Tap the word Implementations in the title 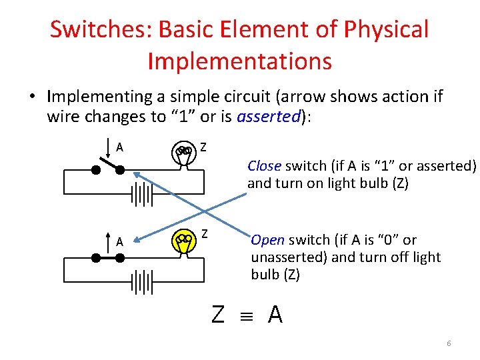pos(239,61)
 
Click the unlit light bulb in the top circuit pos(183,153)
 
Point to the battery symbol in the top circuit pos(142,195)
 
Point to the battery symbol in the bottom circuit pos(142,282)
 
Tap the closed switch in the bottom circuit pos(108,257)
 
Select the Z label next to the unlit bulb pos(203,146)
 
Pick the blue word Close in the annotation pos(265,165)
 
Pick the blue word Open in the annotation pos(268,240)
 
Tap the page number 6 pos(449,343)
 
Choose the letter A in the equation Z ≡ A pos(275,314)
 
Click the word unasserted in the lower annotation pos(287,257)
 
